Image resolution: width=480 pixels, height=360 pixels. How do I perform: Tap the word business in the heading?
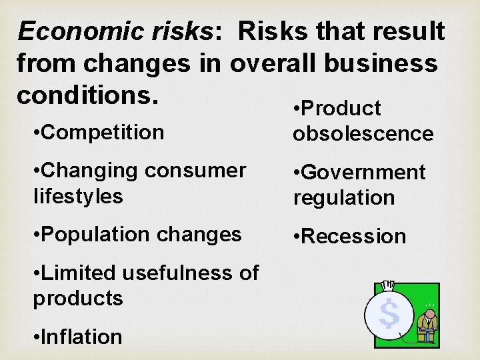click(x=382, y=63)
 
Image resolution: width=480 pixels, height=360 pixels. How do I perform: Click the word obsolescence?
click(x=363, y=133)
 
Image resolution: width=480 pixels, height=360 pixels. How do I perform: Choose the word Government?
click(x=363, y=172)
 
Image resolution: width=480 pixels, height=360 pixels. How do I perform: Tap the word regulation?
click(x=344, y=198)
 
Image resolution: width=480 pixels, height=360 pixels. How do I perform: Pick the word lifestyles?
click(x=78, y=196)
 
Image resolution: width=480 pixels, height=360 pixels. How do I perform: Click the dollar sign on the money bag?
click(x=389, y=313)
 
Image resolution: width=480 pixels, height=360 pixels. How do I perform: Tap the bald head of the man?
click(x=431, y=312)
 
